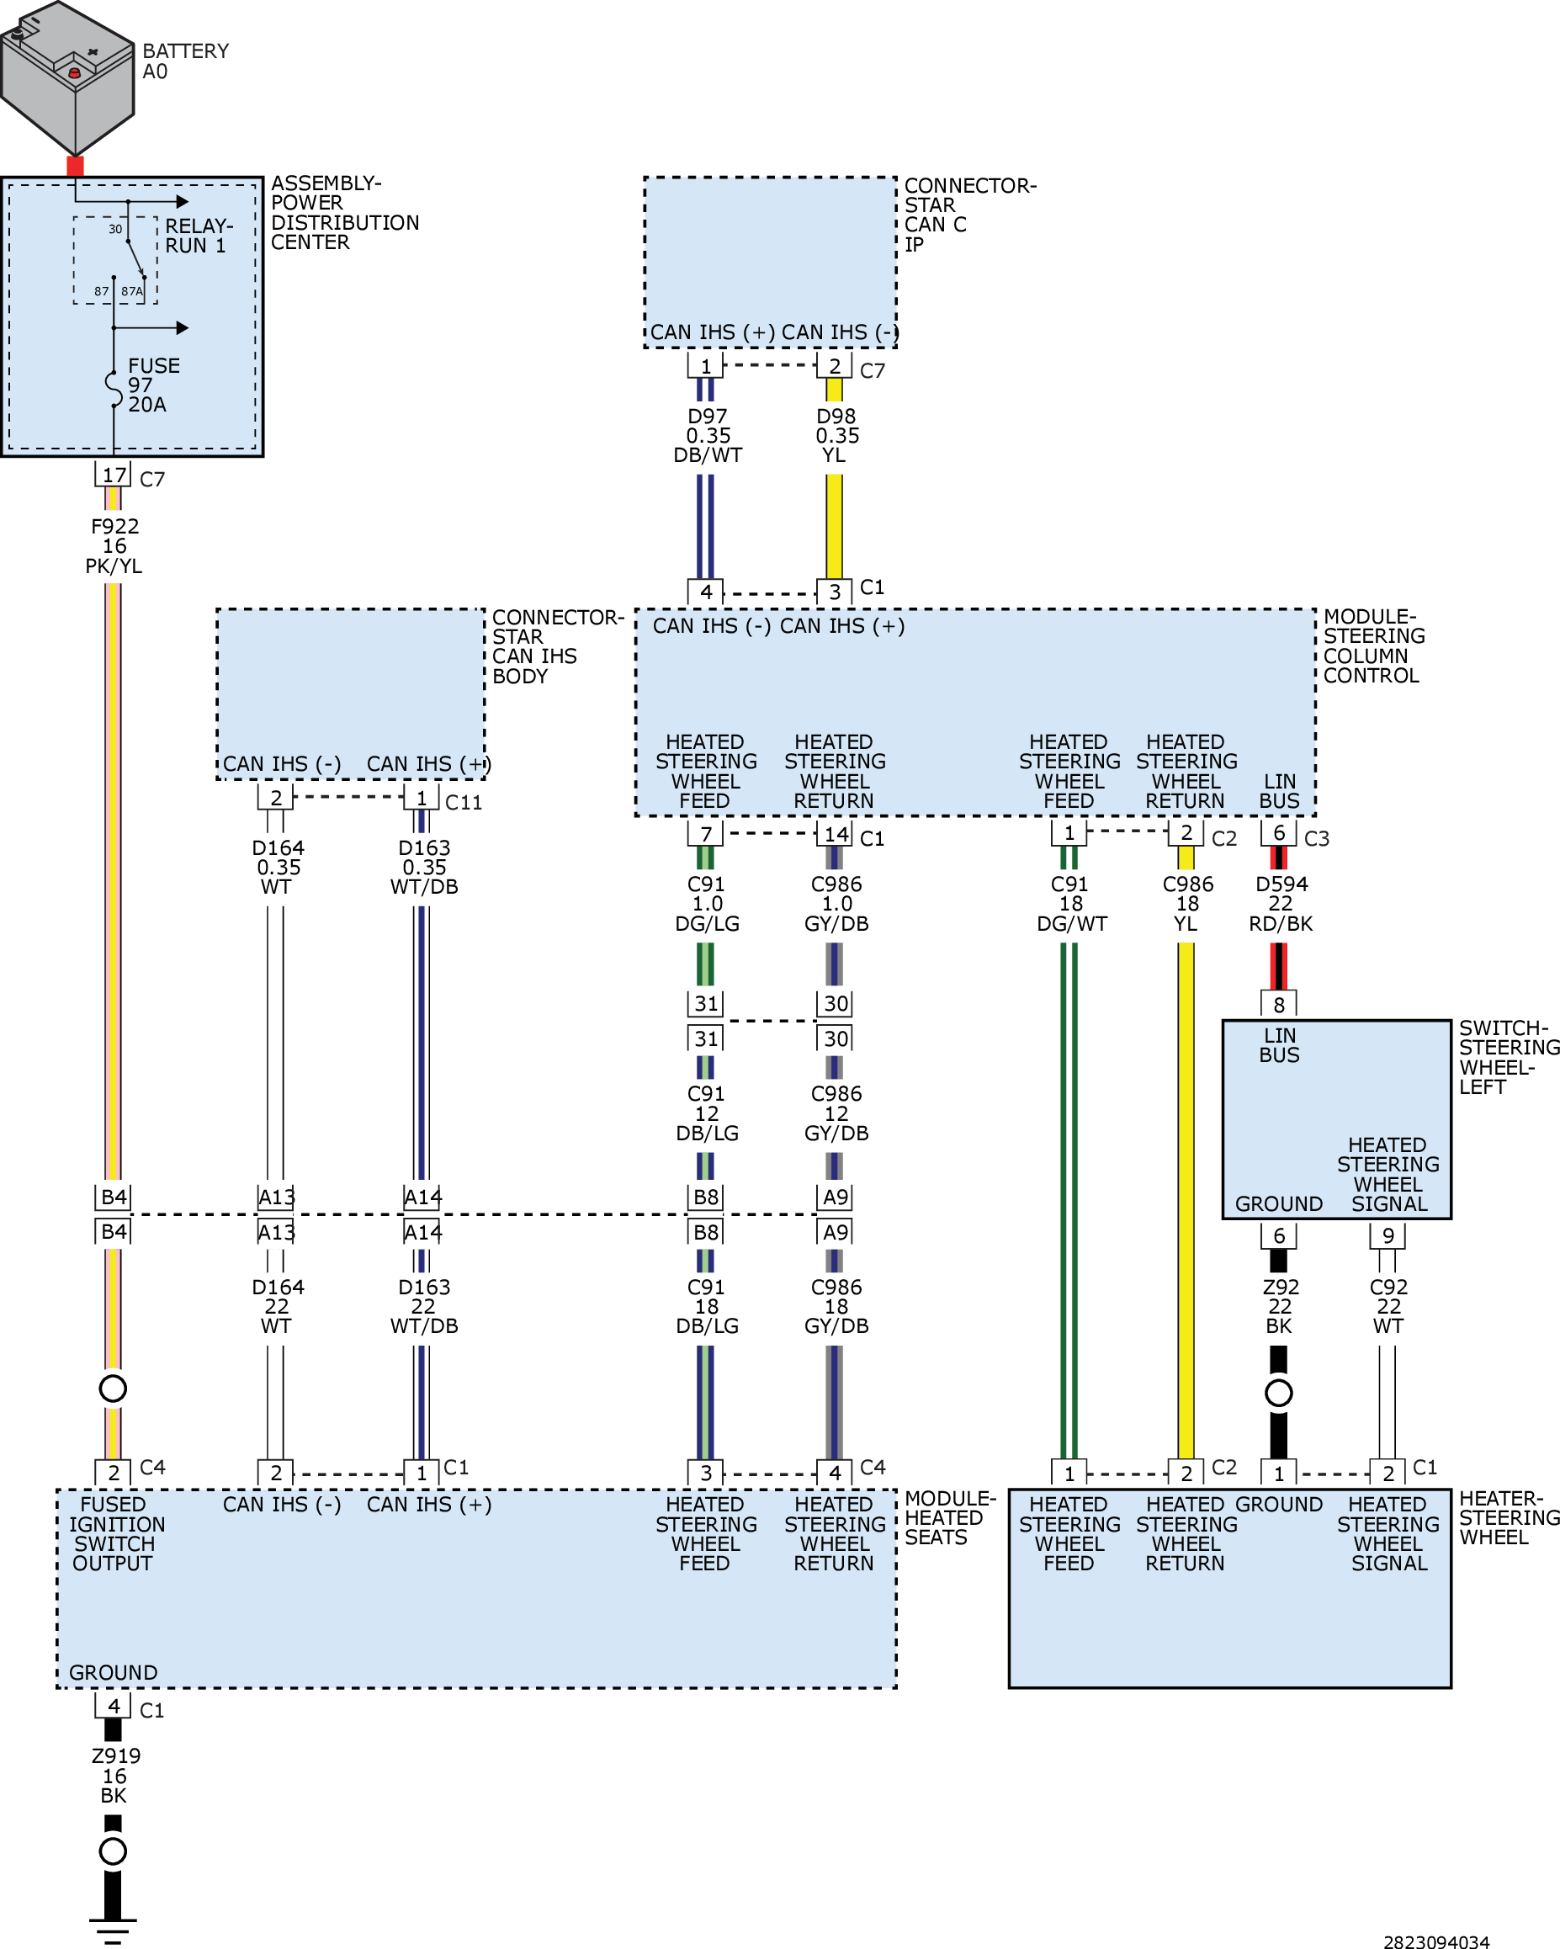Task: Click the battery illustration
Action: (68, 77)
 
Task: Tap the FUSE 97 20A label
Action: (154, 385)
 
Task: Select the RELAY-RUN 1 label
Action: (199, 236)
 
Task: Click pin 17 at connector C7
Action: (114, 475)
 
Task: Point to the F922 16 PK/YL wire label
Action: (114, 546)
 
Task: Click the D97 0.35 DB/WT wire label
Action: (708, 436)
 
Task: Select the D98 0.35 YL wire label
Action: (837, 436)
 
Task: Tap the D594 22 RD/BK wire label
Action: (1281, 904)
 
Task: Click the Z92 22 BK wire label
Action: (1280, 1306)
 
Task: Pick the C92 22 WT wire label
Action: (1388, 1306)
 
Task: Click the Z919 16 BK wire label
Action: (114, 1776)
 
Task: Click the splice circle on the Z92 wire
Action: (1279, 1393)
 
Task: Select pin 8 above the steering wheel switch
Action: (1279, 1004)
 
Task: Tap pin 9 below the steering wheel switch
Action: (1388, 1235)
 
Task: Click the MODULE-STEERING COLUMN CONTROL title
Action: (1374, 645)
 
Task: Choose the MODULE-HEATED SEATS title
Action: (950, 1518)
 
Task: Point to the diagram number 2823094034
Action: (1436, 1941)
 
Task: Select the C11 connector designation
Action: (464, 803)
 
